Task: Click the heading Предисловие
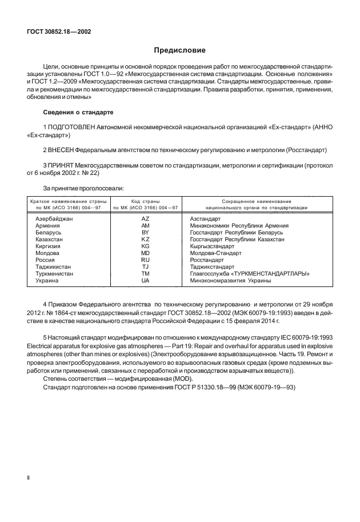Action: pos(179,50)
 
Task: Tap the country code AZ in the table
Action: pos(145,219)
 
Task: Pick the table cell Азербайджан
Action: pos(54,219)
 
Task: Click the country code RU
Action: pos(145,259)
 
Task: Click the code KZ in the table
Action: pos(145,239)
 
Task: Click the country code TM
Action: pos(145,274)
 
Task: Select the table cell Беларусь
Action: pos(49,232)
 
